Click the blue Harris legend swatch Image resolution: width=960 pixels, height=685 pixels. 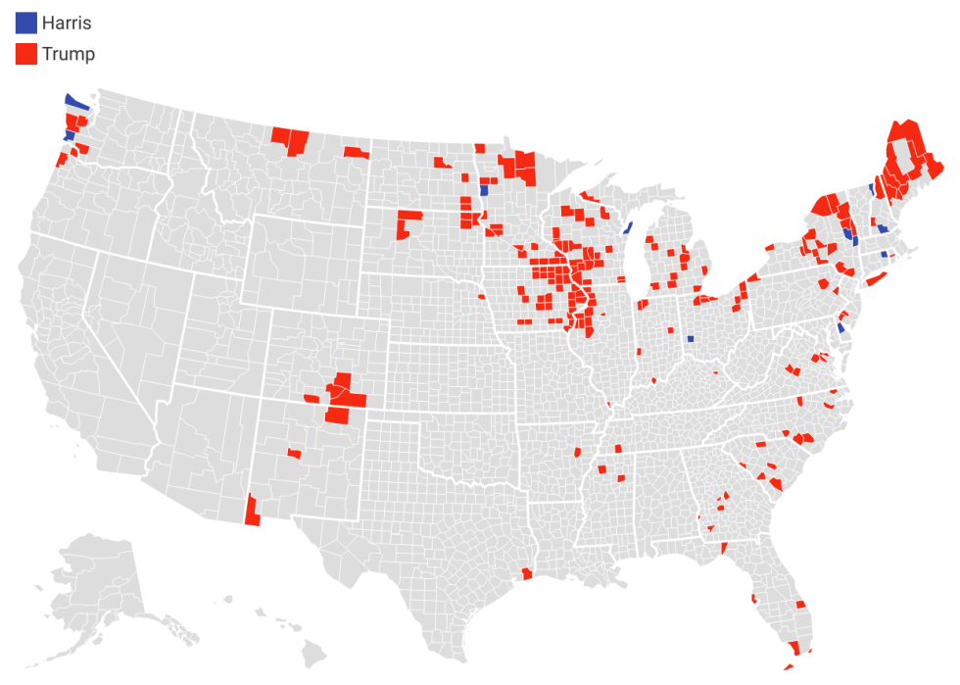pyautogui.click(x=26, y=23)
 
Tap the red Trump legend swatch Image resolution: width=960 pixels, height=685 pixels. pyautogui.click(x=26, y=54)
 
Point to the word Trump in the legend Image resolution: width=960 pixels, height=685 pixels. pyautogui.click(x=69, y=54)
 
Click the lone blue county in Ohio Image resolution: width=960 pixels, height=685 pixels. pyautogui.click(x=691, y=338)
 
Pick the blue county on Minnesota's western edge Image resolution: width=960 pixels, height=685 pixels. pyautogui.click(x=484, y=190)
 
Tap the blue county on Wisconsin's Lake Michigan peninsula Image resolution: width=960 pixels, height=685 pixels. pyautogui.click(x=627, y=228)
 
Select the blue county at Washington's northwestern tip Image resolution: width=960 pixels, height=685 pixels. pyautogui.click(x=75, y=102)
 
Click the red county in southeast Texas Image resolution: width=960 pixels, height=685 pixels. pyautogui.click(x=528, y=574)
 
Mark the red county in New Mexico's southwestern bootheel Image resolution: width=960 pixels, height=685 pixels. pyautogui.click(x=252, y=511)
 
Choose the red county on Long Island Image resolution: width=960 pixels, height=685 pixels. pyautogui.click(x=875, y=280)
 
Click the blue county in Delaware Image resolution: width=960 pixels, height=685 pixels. pyautogui.click(x=840, y=327)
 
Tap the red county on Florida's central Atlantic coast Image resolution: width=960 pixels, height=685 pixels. pyautogui.click(x=800, y=605)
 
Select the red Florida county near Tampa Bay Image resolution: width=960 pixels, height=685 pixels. pyautogui.click(x=753, y=598)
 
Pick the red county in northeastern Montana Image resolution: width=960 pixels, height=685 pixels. pyautogui.click(x=357, y=152)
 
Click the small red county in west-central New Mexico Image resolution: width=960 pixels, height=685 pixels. pyautogui.click(x=294, y=453)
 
